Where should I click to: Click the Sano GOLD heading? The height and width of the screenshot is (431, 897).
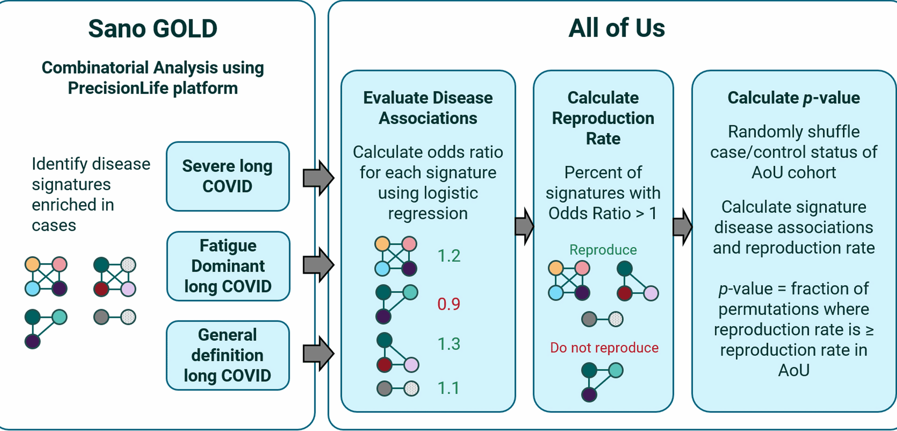(153, 29)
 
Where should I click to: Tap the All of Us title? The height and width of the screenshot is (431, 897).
(616, 28)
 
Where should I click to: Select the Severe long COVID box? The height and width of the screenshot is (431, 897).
(228, 176)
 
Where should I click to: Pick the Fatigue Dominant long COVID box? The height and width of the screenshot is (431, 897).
(228, 266)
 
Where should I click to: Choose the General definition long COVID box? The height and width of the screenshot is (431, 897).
(228, 355)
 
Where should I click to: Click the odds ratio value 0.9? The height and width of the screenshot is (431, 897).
(448, 304)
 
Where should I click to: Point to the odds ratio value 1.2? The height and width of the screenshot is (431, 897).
(448, 256)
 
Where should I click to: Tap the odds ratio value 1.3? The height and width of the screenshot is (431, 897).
(448, 344)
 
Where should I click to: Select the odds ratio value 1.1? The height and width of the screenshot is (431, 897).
(448, 388)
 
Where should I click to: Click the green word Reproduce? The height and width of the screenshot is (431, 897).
(603, 250)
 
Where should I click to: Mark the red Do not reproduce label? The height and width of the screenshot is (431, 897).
(604, 348)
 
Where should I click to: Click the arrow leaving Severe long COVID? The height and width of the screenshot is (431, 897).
(318, 178)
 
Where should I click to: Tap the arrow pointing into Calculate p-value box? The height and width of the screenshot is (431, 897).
(683, 227)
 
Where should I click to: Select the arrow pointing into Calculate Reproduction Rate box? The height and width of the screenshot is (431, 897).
(524, 227)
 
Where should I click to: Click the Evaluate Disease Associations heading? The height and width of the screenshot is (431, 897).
(428, 108)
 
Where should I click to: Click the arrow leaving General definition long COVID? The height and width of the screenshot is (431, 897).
(318, 353)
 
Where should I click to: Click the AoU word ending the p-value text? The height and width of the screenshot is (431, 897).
(793, 371)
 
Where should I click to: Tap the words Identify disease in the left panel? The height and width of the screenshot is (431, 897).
(91, 164)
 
